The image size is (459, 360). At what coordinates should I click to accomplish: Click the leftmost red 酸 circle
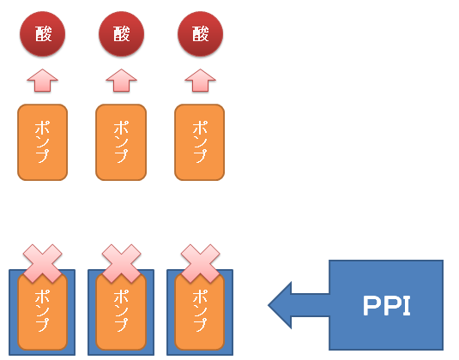pyautogui.click(x=42, y=34)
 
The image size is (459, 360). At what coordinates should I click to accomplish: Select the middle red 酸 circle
pyautogui.click(x=121, y=34)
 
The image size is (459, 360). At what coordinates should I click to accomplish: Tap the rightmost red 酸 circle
pyautogui.click(x=200, y=34)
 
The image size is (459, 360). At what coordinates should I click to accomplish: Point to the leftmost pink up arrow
pyautogui.click(x=42, y=81)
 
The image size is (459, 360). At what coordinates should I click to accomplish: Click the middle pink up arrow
pyautogui.click(x=121, y=81)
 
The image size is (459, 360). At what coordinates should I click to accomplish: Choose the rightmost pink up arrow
pyautogui.click(x=200, y=81)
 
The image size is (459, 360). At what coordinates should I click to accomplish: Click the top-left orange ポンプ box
pyautogui.click(x=42, y=142)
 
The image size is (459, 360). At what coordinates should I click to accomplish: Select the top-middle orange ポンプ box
pyautogui.click(x=121, y=142)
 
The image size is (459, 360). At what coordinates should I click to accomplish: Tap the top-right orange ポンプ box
pyautogui.click(x=200, y=142)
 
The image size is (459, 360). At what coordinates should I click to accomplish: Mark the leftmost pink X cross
pyautogui.click(x=42, y=263)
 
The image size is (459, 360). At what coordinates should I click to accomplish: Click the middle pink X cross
pyautogui.click(x=121, y=263)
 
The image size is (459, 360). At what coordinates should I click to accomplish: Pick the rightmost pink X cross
pyautogui.click(x=200, y=263)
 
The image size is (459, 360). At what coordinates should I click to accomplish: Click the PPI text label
pyautogui.click(x=386, y=306)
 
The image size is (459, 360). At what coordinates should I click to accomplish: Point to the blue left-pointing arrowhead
pyautogui.click(x=281, y=305)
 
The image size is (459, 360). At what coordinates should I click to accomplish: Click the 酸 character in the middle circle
pyautogui.click(x=122, y=33)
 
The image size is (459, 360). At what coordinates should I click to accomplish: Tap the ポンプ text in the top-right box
pyautogui.click(x=200, y=141)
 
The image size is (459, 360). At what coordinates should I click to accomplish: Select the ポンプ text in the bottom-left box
pyautogui.click(x=43, y=310)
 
